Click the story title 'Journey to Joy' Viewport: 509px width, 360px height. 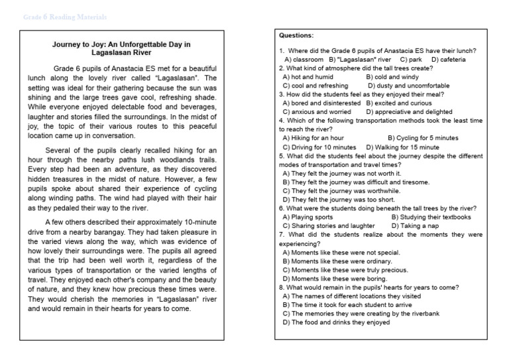[121, 48]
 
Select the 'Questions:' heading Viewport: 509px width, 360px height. [296, 35]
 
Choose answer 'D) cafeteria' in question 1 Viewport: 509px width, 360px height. [448, 60]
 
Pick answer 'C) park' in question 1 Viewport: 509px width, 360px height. [412, 60]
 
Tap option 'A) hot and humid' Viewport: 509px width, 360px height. [308, 77]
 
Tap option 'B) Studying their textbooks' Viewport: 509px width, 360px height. [431, 217]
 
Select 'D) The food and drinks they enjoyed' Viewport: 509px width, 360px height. [335, 322]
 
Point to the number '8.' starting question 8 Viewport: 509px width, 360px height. [282, 287]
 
